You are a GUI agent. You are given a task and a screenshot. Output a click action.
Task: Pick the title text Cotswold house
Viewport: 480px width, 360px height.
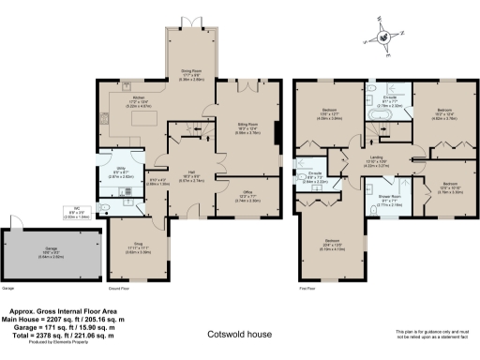(x=239, y=333)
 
